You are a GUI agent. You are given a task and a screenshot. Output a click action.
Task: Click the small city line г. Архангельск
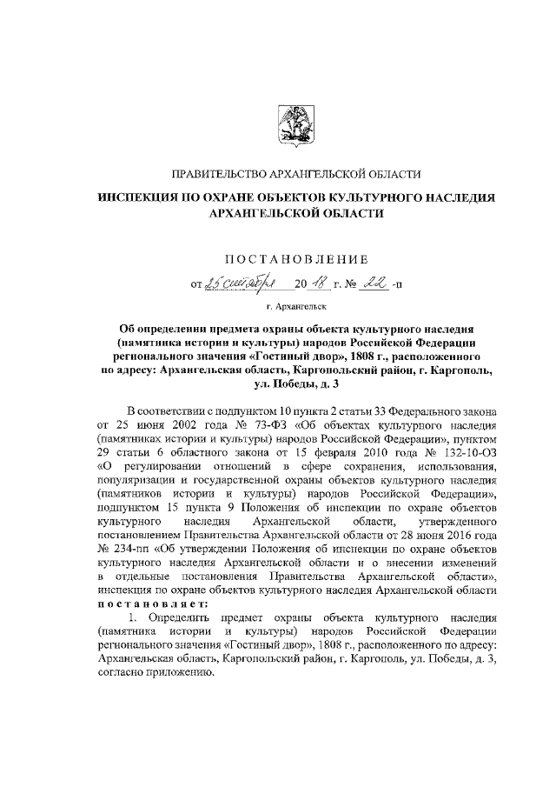point(292,307)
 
